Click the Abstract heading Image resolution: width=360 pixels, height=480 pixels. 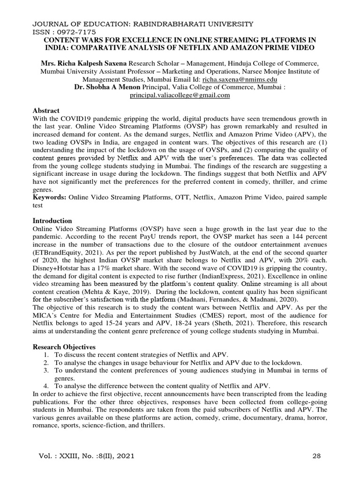[46, 110]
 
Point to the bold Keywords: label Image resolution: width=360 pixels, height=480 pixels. [50, 197]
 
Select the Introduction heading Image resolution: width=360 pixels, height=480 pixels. [52, 220]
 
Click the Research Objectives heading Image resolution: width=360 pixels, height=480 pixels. [64, 347]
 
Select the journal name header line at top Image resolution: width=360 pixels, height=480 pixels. [142, 23]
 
